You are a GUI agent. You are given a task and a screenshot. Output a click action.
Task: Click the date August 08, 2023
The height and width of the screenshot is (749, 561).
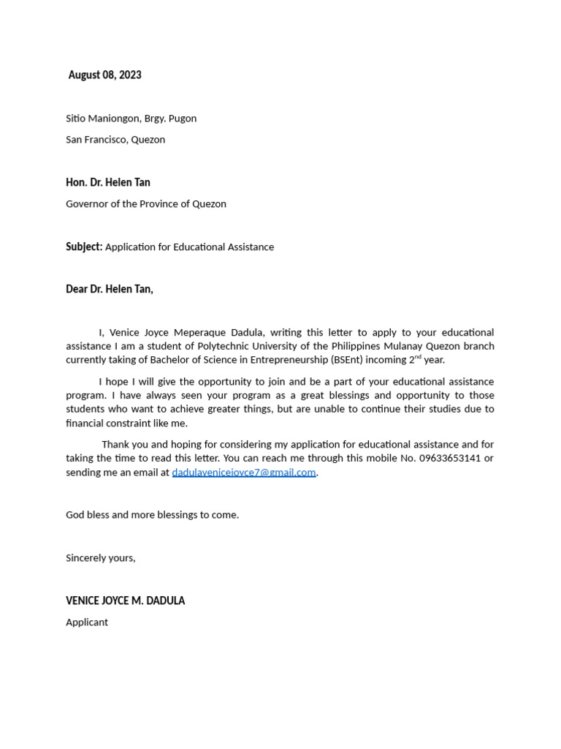(x=104, y=75)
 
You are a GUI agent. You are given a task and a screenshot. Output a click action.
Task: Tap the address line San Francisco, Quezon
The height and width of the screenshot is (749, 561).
(x=115, y=140)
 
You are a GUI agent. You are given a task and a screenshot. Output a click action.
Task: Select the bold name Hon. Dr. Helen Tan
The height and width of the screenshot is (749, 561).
(x=108, y=182)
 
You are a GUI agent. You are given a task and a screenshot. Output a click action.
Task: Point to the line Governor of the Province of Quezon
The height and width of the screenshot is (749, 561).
(x=146, y=204)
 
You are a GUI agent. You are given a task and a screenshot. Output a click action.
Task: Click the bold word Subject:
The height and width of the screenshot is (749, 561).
(x=84, y=247)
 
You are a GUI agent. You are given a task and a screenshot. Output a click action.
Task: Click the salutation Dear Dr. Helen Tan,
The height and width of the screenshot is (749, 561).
(x=110, y=289)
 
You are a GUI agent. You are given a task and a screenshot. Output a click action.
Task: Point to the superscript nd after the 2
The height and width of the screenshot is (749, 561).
(x=418, y=357)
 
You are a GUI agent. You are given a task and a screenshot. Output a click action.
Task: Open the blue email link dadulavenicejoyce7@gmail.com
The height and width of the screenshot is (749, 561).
(x=244, y=473)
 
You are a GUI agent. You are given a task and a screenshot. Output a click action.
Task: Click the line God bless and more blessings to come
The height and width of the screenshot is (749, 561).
(x=152, y=515)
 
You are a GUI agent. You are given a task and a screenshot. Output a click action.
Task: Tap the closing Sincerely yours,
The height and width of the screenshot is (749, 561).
(x=101, y=558)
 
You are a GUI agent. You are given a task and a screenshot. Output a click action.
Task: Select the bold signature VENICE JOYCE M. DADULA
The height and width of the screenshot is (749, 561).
(x=125, y=601)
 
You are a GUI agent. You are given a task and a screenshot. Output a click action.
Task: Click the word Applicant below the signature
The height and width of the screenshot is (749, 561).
(x=87, y=622)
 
